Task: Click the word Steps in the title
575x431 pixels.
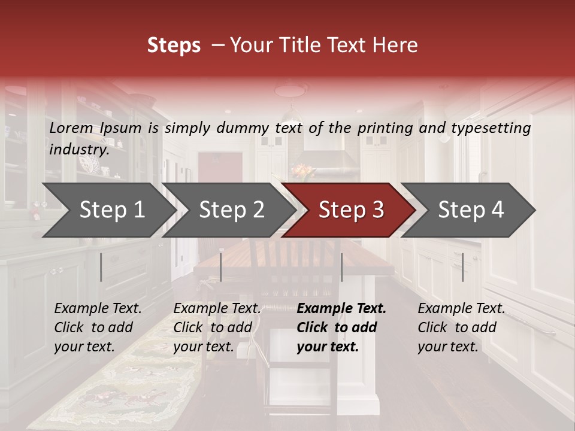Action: [174, 45]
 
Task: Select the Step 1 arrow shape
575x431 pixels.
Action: [108, 210]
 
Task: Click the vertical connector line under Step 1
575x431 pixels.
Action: [101, 267]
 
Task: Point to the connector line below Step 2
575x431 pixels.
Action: [221, 267]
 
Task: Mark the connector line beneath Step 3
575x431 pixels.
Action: [342, 267]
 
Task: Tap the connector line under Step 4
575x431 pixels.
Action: [463, 267]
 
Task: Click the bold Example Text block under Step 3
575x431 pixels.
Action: [341, 327]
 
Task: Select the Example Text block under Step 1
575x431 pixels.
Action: [98, 327]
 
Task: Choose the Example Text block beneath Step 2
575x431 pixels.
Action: [217, 327]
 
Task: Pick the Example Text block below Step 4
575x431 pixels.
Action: [461, 327]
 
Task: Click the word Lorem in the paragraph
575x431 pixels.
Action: [71, 128]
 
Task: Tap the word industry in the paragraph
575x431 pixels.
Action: [78, 150]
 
